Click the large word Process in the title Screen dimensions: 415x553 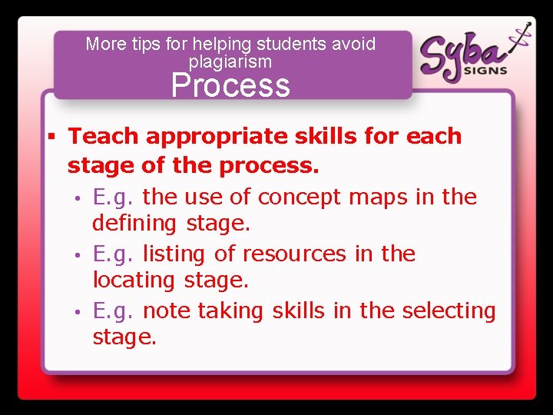(x=230, y=85)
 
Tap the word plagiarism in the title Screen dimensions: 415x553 (x=230, y=61)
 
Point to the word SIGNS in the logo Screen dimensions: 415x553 (x=485, y=70)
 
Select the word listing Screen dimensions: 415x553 (x=171, y=254)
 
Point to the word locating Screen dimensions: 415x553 (x=134, y=281)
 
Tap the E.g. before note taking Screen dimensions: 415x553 (x=114, y=311)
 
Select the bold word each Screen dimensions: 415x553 (x=435, y=136)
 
